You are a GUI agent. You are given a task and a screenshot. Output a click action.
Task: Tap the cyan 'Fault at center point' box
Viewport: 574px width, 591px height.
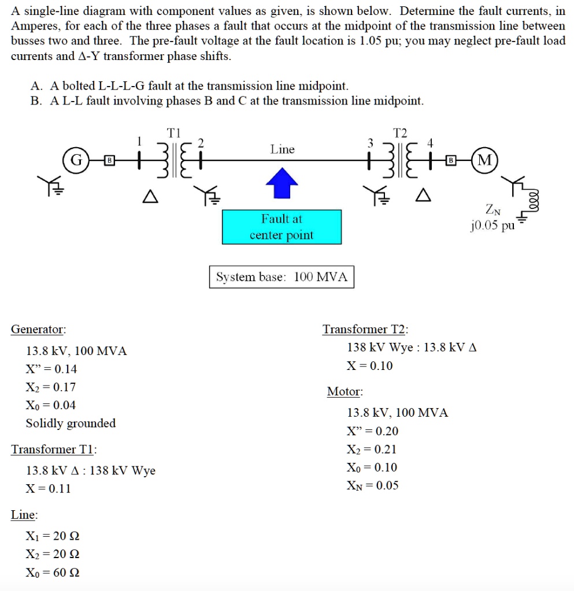(282, 227)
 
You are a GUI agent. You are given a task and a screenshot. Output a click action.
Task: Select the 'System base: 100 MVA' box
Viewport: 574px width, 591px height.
(282, 277)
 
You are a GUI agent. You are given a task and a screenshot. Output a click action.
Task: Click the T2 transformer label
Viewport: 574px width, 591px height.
(400, 133)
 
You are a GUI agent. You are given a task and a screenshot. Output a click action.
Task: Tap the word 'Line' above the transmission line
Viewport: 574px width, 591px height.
(282, 149)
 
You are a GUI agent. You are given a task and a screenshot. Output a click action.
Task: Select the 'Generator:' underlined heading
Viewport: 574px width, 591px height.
(38, 330)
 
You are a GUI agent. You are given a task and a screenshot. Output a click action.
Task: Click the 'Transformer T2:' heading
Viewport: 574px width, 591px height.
(365, 330)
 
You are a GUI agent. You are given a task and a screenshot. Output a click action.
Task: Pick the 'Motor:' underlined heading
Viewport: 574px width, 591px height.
(345, 392)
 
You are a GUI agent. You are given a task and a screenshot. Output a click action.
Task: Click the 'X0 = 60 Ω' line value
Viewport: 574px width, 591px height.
(53, 573)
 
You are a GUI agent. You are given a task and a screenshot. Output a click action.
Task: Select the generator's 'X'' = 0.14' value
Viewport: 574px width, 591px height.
(51, 369)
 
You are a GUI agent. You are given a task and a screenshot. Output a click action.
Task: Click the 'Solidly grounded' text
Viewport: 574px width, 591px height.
(71, 423)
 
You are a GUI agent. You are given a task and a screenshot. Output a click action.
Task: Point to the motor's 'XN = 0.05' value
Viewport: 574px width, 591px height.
(372, 485)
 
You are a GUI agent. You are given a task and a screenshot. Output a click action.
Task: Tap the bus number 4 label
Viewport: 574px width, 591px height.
(430, 143)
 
